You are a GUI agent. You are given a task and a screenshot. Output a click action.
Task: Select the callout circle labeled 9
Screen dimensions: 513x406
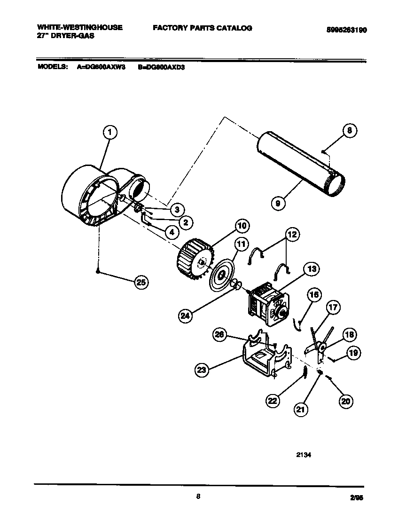pos(279,203)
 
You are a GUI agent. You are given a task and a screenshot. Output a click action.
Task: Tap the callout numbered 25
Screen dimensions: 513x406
pos(141,282)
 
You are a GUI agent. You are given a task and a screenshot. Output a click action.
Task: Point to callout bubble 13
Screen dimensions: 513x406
pos(311,269)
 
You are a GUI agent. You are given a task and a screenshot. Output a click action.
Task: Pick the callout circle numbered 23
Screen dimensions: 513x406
pos(202,370)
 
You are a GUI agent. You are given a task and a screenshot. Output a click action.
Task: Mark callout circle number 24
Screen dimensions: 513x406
pos(185,316)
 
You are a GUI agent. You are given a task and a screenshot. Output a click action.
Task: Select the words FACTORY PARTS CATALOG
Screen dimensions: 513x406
pos(202,28)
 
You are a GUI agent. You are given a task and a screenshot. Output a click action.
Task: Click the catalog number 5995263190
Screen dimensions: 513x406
pos(346,29)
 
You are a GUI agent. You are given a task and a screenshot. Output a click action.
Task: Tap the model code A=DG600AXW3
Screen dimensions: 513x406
pos(101,67)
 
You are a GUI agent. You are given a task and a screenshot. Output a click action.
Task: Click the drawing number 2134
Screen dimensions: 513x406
pos(304,455)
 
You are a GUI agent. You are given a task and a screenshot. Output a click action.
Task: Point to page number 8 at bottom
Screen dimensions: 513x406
pos(198,496)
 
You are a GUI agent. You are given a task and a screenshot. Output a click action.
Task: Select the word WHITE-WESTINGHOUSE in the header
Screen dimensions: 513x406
pos(79,27)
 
